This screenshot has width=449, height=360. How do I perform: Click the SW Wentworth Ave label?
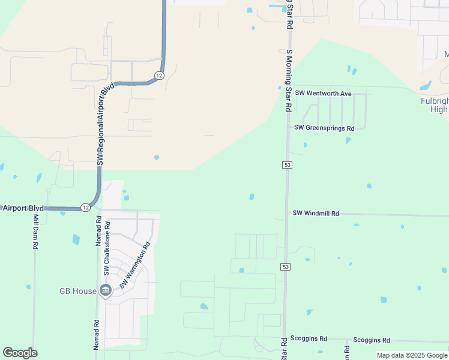click(322, 94)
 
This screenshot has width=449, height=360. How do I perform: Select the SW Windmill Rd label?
click(316, 213)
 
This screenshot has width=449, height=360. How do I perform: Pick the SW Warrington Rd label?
click(134, 265)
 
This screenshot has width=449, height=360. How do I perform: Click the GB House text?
click(77, 291)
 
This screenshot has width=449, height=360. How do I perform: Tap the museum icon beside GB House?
click(106, 291)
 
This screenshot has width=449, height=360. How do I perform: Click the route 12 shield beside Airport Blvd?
click(86, 208)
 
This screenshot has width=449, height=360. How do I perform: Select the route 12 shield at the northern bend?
click(158, 76)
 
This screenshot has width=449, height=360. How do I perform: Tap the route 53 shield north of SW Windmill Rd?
click(288, 165)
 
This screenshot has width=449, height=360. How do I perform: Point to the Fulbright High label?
click(433, 105)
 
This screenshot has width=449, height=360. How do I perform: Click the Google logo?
click(20, 353)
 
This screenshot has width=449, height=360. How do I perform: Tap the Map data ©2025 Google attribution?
click(412, 355)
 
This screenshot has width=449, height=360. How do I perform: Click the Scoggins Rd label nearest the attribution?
click(372, 340)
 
